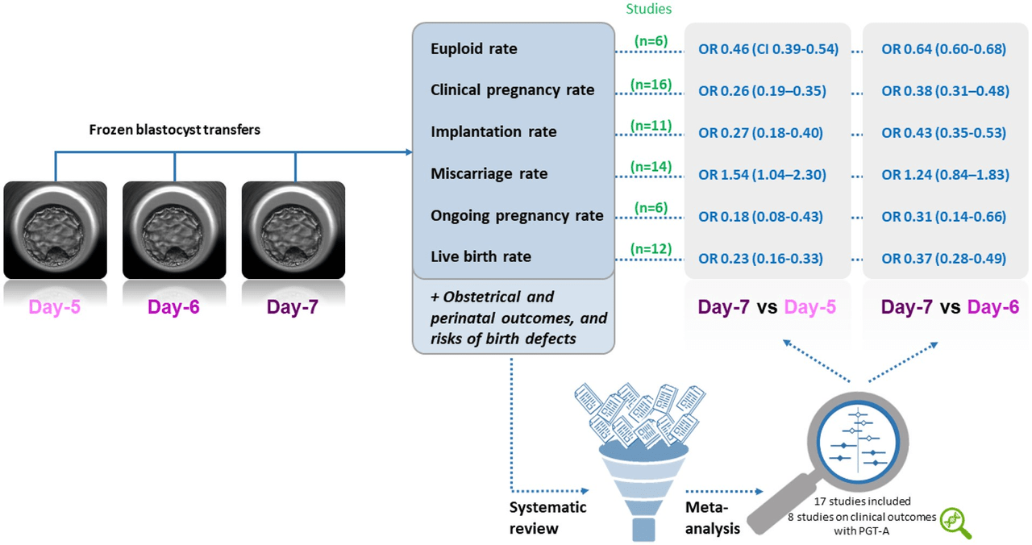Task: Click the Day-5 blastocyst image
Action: coord(56,230)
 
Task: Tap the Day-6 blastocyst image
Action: coord(174,230)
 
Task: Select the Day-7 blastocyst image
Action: coord(293,230)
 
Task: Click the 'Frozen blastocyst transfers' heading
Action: coord(175,130)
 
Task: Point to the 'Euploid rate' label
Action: coord(473,49)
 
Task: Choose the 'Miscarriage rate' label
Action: coord(489,173)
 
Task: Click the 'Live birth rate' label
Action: coord(481,256)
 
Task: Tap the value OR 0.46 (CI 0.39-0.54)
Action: coord(768,49)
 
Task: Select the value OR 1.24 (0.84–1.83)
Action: coord(946,175)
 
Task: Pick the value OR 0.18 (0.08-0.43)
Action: coord(760,217)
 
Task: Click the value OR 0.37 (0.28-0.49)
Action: coord(943,259)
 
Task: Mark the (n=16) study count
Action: coord(651,85)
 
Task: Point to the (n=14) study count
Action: coord(651,166)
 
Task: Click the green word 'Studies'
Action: coord(649,9)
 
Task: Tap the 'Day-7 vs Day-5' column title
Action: coord(767,307)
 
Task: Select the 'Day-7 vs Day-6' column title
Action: coord(950,307)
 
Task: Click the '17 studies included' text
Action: coord(862,501)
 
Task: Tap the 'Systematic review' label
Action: coord(547,518)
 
